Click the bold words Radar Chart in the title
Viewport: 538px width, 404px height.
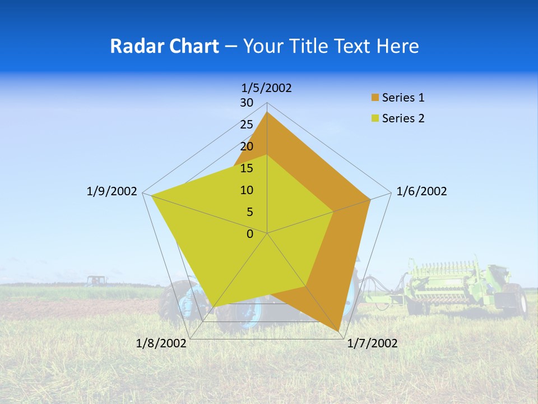point(164,46)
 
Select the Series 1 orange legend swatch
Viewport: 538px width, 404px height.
point(375,98)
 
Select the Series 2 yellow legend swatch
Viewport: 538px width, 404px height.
point(375,118)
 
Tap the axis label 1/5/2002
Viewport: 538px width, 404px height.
point(267,88)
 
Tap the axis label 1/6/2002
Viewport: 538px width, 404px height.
point(421,191)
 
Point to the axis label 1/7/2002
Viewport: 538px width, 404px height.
point(372,343)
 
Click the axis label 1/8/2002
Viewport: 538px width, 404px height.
point(161,343)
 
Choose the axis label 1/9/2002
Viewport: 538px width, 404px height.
point(112,191)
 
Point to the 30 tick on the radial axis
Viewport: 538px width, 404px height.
point(247,103)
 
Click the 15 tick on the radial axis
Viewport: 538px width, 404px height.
point(247,168)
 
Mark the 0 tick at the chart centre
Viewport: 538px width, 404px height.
point(250,234)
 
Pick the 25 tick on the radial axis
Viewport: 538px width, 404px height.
point(247,125)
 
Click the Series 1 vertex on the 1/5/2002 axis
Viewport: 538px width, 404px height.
point(267,112)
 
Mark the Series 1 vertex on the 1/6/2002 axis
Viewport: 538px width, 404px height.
point(370,199)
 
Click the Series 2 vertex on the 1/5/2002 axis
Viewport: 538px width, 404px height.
point(267,155)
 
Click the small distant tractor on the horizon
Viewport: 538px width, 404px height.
point(96,280)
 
